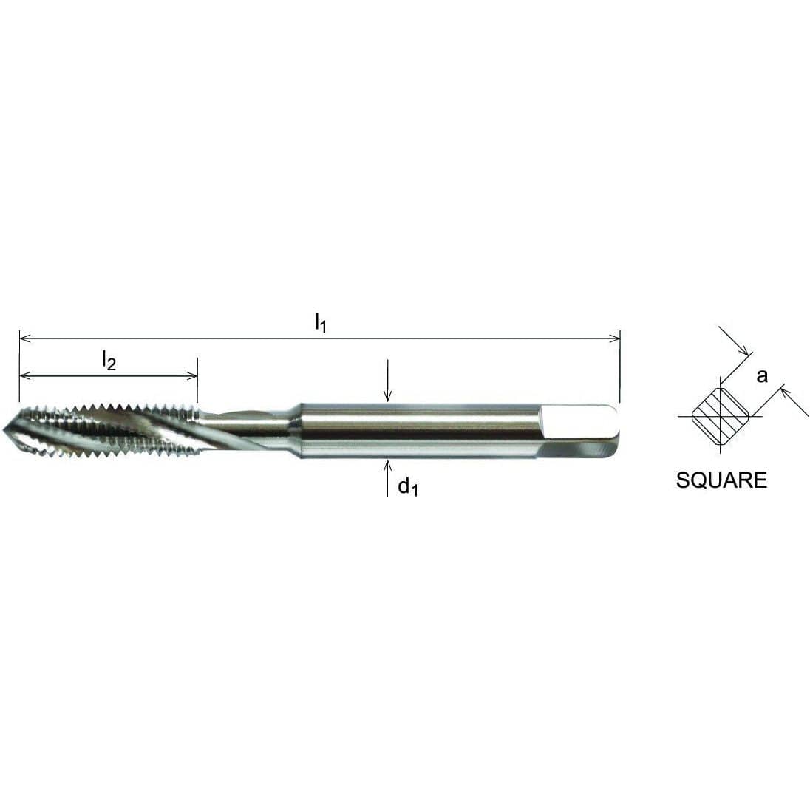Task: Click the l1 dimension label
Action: point(320,322)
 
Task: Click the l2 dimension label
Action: point(109,361)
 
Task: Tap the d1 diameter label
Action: point(408,487)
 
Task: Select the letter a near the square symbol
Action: point(762,375)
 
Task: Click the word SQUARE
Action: point(721,480)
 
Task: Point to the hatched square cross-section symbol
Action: point(721,417)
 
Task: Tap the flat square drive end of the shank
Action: point(581,428)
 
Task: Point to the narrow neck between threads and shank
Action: point(251,429)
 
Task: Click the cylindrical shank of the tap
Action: point(414,429)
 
